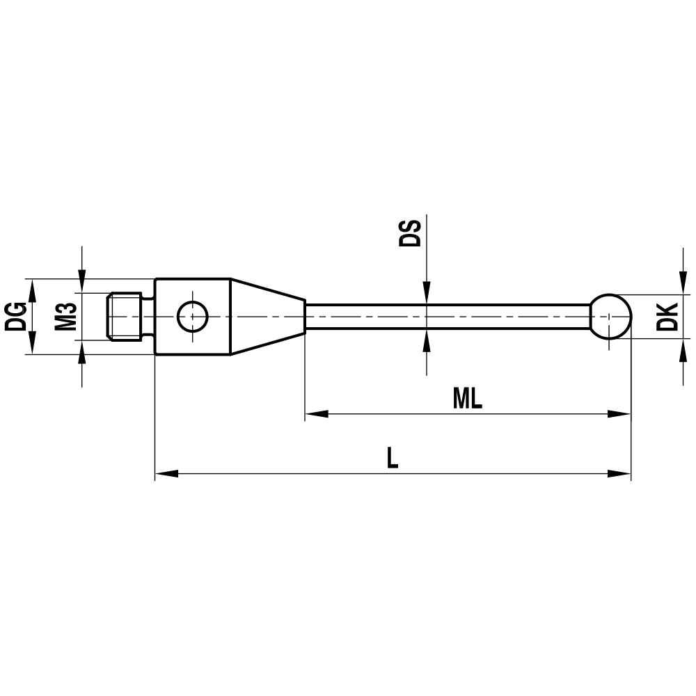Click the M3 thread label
(x=65, y=317)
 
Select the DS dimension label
(x=410, y=233)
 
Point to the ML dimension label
(x=467, y=399)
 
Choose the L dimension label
(x=393, y=458)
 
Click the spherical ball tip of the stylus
(x=611, y=317)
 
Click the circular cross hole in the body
(x=192, y=317)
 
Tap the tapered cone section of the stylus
(x=268, y=317)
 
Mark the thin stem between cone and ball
(x=445, y=317)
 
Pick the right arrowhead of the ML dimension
(x=619, y=414)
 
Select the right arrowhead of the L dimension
(x=619, y=474)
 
